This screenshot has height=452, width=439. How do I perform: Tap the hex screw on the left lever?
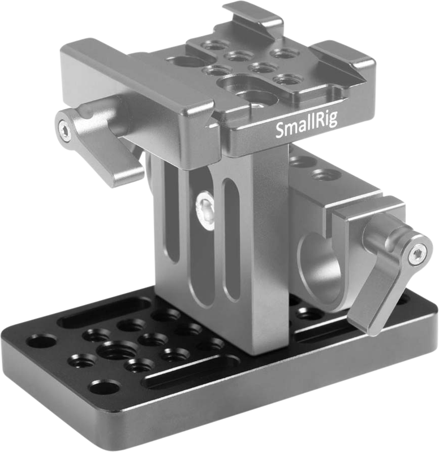click(67, 132)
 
